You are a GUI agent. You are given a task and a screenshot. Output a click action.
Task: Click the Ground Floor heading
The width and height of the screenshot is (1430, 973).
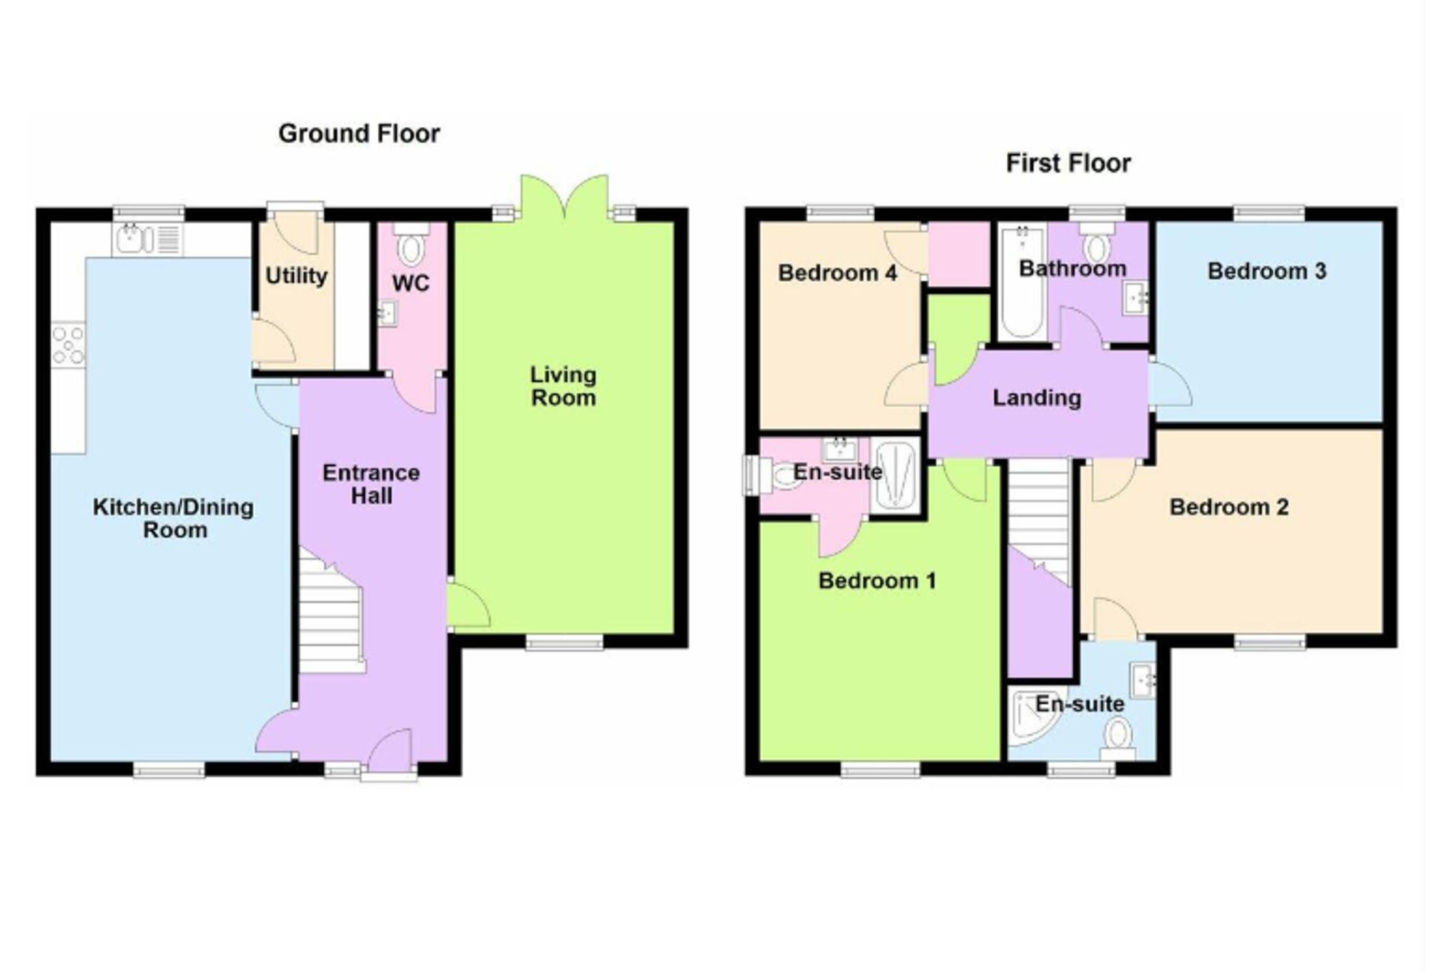coord(359,134)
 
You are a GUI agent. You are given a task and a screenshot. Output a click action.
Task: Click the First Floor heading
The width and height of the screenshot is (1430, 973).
coord(1068,164)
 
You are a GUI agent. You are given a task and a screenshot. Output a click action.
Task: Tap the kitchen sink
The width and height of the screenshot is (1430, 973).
coord(148,239)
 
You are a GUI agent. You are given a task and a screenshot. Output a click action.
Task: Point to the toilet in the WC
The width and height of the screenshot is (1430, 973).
coord(411,244)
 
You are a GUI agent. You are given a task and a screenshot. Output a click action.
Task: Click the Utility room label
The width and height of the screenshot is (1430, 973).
coord(296,276)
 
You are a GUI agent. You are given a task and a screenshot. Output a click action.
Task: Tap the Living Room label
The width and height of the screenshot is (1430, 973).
coord(563,386)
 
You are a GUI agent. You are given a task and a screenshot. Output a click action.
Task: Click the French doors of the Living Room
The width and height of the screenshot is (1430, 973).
coord(565,197)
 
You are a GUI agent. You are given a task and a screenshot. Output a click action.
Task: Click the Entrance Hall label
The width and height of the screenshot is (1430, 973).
coord(371,484)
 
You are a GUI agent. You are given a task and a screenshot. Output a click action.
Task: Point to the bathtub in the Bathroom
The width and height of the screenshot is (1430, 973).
coord(1022,282)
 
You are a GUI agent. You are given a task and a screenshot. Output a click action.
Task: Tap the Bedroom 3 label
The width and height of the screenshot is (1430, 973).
coord(1266,272)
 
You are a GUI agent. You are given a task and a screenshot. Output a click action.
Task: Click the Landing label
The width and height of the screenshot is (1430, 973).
coord(1037,397)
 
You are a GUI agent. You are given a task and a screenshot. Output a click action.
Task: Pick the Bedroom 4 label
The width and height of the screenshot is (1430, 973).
coord(837,273)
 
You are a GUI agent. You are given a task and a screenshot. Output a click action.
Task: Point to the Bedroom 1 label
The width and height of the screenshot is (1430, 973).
coord(877,581)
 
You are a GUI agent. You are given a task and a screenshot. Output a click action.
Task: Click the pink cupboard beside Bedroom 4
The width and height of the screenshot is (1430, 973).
coord(959,255)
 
